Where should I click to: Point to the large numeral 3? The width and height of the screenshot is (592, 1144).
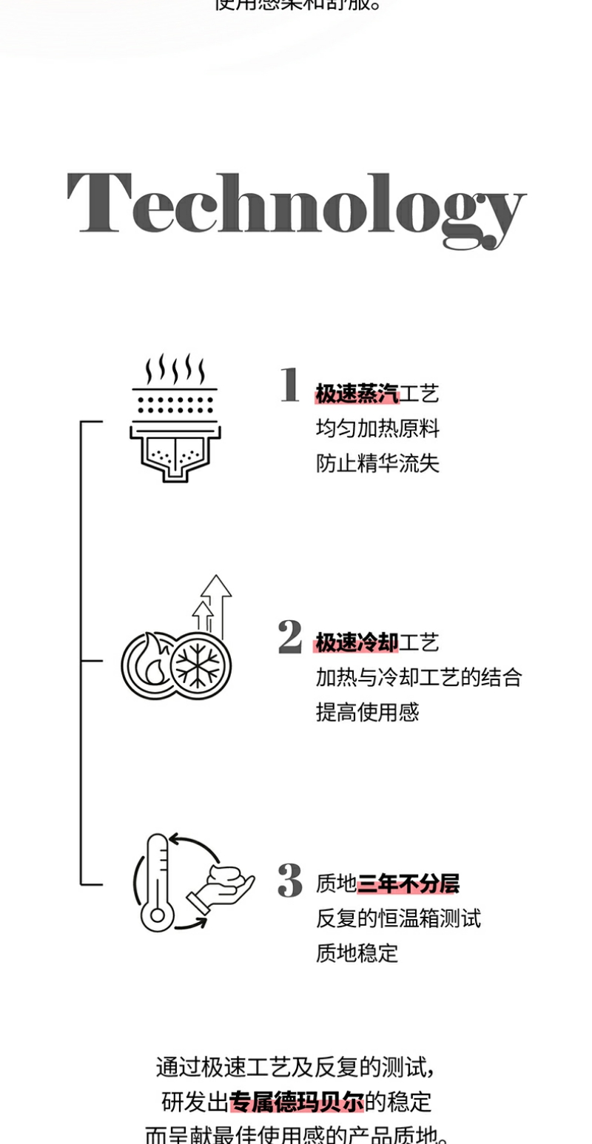tap(290, 881)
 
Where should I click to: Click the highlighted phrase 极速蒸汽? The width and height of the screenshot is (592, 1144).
tap(357, 394)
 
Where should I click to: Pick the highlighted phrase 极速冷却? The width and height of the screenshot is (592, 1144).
tap(357, 642)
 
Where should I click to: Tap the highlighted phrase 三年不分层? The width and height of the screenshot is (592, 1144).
tap(408, 884)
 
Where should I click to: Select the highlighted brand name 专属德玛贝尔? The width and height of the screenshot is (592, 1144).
tap(297, 1102)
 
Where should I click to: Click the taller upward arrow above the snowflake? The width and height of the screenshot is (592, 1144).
tap(216, 603)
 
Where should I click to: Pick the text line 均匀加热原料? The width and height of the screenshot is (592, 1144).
tap(377, 428)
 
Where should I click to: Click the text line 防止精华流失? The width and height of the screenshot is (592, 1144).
tap(377, 463)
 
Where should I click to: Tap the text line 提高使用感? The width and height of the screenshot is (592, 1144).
tap(367, 713)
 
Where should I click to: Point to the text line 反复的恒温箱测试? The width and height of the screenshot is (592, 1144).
tap(398, 918)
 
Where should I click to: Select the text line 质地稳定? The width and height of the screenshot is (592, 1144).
tap(357, 953)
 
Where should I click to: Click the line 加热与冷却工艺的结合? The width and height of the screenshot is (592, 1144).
tap(419, 677)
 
